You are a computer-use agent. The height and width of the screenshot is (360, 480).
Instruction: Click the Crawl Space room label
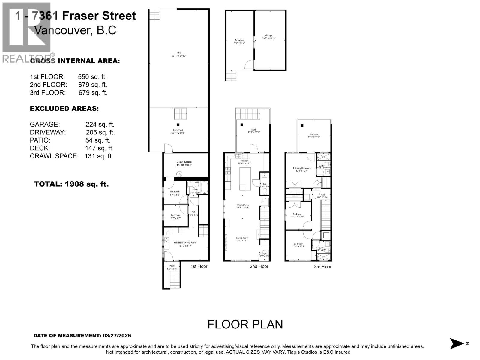[184, 162]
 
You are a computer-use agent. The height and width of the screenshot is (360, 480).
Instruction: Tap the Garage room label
[268, 35]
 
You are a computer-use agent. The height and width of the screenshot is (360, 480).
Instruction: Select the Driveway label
[239, 40]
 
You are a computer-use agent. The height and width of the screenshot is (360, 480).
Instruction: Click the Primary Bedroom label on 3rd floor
[301, 168]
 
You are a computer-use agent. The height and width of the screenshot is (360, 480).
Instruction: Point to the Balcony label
[314, 135]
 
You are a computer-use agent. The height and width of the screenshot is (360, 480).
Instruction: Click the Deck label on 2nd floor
[253, 130]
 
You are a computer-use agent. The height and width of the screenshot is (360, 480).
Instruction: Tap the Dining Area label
[243, 205]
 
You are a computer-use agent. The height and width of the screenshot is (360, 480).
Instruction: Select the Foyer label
[264, 253]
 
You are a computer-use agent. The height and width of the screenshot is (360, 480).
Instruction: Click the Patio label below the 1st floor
[172, 266]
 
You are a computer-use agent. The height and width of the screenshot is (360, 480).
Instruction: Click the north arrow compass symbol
[457, 343]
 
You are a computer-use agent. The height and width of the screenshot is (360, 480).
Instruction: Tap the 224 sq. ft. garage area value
[100, 124]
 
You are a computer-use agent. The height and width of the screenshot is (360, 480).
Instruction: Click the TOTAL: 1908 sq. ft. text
[71, 184]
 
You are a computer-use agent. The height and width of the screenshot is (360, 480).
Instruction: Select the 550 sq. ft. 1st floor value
[92, 77]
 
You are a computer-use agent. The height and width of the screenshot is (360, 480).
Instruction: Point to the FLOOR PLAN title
[245, 324]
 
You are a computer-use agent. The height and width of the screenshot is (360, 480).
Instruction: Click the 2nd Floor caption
[259, 266]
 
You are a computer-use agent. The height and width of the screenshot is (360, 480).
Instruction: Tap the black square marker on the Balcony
[302, 126]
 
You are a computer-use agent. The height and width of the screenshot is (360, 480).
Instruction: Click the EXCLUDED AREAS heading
[64, 109]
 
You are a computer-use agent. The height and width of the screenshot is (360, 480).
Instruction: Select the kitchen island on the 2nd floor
[245, 179]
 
